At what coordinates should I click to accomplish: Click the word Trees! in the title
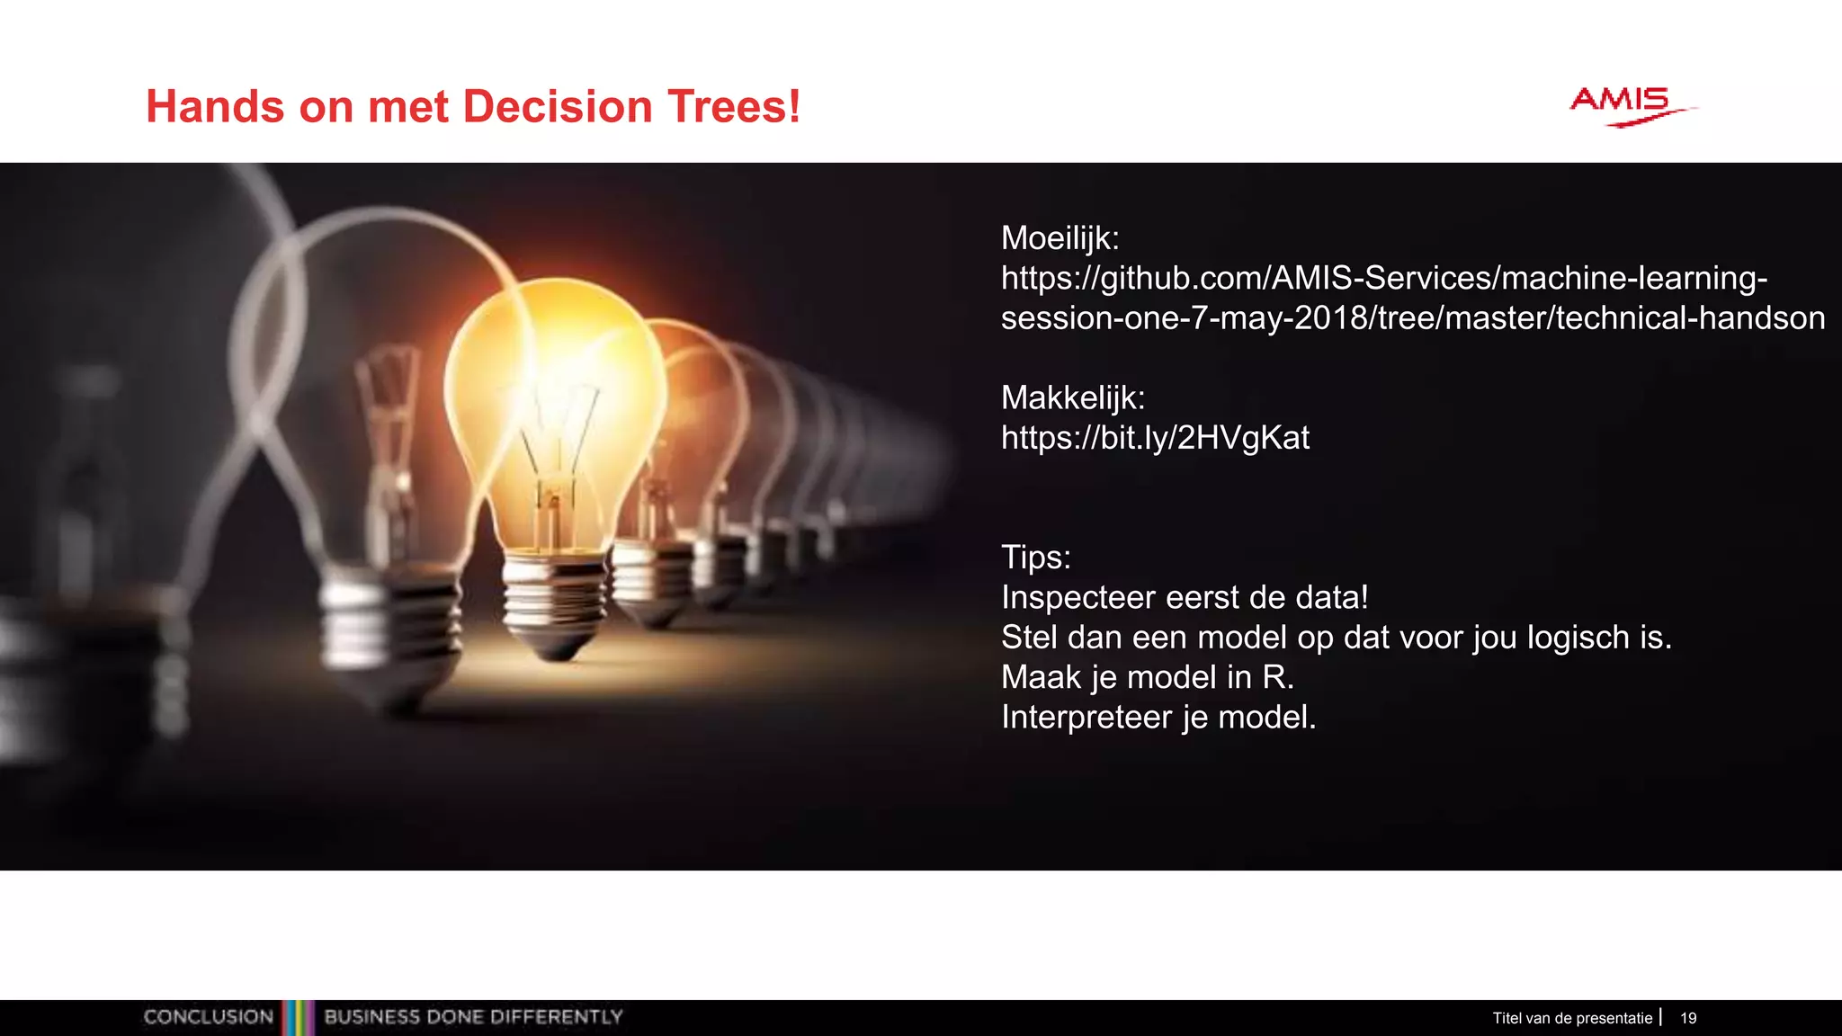coord(733,106)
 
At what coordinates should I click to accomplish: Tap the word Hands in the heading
coord(215,106)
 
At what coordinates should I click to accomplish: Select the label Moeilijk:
coord(1060,238)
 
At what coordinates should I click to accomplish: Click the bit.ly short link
coord(1155,438)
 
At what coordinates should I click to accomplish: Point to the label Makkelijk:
coord(1072,397)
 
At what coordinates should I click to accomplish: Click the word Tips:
coord(1035,558)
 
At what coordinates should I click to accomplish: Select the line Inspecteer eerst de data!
coord(1185,597)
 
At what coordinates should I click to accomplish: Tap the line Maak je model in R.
coord(1147,677)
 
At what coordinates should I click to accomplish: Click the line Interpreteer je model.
coord(1158,718)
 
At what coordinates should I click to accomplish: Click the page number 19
coord(1688,1018)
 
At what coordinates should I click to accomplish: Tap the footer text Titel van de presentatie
coord(1571,1018)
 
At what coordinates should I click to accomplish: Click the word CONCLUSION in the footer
coord(208,1017)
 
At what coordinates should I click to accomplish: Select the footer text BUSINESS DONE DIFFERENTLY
coord(473,1017)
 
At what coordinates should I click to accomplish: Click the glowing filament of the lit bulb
coord(556,441)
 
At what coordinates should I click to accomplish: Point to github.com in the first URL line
coord(1182,279)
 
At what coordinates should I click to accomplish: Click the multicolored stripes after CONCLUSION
coord(299,1017)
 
